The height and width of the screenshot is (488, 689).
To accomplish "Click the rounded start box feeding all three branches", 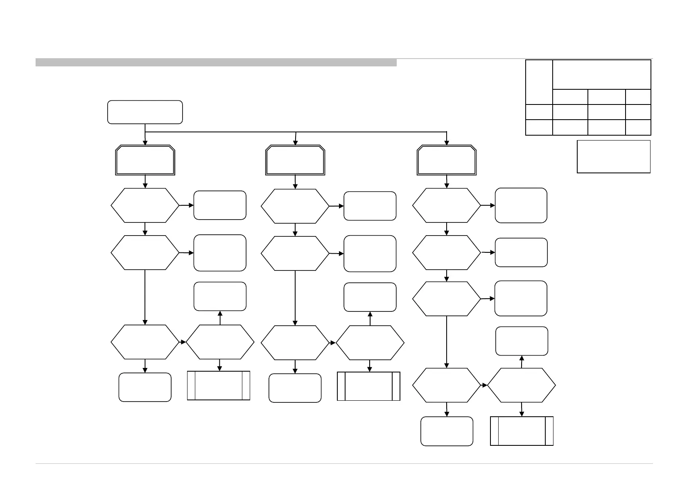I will (145, 112).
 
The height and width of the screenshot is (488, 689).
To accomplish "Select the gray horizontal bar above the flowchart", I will (216, 62).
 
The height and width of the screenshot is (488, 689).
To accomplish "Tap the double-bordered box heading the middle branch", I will (295, 160).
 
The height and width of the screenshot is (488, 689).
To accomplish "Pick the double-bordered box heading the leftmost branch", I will (145, 160).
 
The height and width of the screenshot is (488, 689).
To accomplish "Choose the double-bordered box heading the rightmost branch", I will (447, 160).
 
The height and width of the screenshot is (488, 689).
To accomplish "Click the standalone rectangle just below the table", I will (613, 157).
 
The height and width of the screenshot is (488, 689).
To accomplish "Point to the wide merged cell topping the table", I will (601, 74).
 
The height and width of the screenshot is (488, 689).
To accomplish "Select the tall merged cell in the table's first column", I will (539, 82).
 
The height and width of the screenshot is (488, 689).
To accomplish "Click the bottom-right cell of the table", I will (638, 127).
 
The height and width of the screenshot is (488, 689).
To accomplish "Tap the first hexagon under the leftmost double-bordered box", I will (145, 205).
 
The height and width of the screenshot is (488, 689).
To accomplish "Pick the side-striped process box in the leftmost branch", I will (219, 385).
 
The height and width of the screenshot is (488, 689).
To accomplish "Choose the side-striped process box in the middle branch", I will (368, 386).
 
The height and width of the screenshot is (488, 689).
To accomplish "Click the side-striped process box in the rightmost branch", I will (522, 431).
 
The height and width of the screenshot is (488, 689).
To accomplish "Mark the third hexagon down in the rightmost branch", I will (446, 299).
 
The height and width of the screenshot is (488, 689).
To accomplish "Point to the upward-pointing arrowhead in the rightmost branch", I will (522, 358).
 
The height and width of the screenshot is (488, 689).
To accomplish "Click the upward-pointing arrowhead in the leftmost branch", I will (220, 313).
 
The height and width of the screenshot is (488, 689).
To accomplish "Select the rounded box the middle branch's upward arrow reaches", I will (370, 297).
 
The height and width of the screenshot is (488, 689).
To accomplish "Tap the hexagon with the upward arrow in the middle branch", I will (370, 343).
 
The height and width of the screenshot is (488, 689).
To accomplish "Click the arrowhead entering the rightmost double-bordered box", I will (447, 143).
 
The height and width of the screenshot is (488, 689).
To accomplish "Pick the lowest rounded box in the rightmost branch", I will (447, 431).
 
